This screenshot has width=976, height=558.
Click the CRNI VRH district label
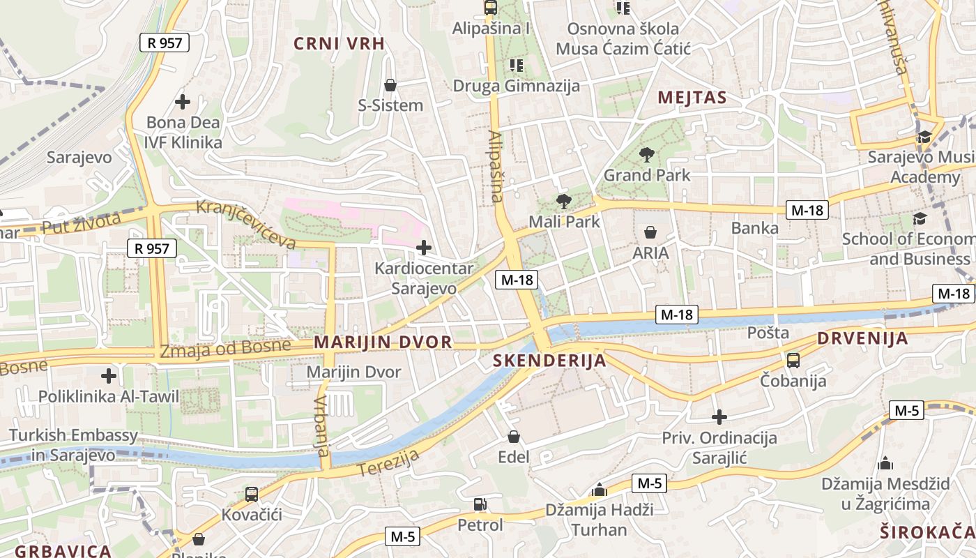click(339, 43)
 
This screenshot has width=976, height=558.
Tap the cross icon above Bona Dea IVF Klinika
click(183, 102)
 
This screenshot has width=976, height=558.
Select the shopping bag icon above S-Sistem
click(390, 85)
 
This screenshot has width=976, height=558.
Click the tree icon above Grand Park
click(646, 154)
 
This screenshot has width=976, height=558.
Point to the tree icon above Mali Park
click(564, 202)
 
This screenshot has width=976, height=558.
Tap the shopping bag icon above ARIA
click(650, 232)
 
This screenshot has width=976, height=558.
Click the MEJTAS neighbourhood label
click(692, 98)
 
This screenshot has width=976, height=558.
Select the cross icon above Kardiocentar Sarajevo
click(423, 248)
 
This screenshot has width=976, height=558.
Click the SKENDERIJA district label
click(549, 361)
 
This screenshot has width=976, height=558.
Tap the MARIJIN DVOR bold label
click(383, 342)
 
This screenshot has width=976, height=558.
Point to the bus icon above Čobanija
click(793, 361)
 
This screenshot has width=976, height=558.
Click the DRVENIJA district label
click(862, 339)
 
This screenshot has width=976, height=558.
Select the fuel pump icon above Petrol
click(480, 504)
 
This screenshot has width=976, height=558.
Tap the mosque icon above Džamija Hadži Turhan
click(599, 490)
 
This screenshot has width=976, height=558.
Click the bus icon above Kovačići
click(252, 495)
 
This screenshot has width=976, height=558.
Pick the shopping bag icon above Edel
click(514, 437)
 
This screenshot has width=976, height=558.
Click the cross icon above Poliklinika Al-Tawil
click(109, 376)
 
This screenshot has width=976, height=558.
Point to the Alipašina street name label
click(495, 166)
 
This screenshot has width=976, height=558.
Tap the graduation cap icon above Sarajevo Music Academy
click(924, 137)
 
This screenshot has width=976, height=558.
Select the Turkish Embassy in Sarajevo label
click(73, 445)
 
